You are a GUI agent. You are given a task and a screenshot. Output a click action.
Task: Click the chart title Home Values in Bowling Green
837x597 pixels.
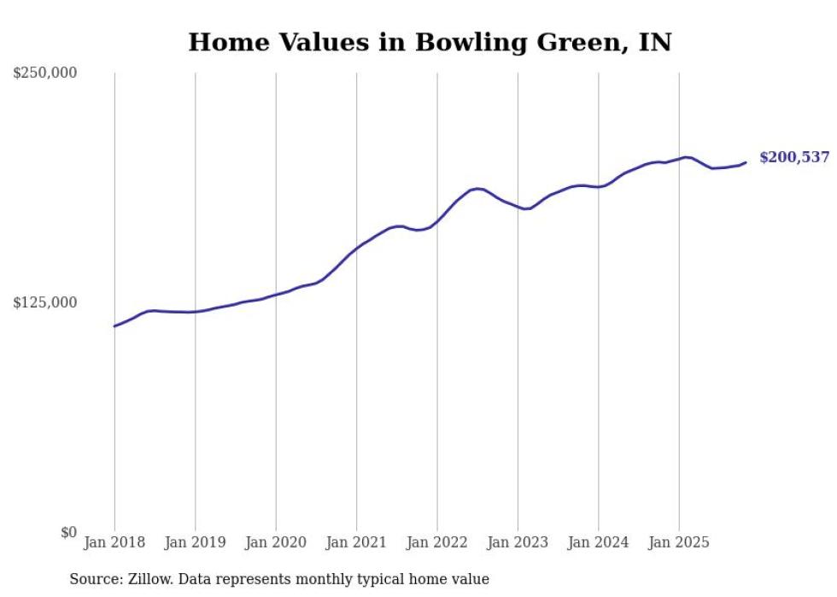[x=430, y=42]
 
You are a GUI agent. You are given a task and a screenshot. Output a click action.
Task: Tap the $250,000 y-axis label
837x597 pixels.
[x=44, y=73]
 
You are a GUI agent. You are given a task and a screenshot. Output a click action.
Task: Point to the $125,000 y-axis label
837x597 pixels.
[x=44, y=302]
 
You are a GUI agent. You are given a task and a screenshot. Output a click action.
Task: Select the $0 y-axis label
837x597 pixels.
[x=68, y=532]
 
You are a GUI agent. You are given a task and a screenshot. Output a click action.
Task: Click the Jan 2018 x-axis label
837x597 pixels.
[x=114, y=542]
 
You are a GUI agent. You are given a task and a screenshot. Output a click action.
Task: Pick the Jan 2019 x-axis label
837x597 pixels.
[x=195, y=542]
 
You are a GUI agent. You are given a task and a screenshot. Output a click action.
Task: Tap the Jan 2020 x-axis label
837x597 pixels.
[x=276, y=542]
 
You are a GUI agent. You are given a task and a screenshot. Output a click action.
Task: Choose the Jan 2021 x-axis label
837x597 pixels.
[x=356, y=542]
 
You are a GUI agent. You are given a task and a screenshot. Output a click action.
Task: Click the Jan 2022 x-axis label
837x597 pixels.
[x=437, y=542]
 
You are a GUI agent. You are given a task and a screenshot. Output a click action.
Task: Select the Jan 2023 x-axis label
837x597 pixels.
[x=518, y=542]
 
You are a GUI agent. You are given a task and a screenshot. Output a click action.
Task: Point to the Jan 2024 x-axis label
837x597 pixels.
[x=598, y=542]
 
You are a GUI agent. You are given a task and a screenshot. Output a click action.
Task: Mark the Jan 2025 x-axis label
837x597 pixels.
[x=679, y=542]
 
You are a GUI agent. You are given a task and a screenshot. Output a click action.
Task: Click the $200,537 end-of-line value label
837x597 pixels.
[x=794, y=158]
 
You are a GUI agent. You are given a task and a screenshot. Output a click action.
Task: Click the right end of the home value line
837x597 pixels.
[x=746, y=162]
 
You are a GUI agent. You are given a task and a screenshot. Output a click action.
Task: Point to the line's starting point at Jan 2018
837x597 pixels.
[x=114, y=325]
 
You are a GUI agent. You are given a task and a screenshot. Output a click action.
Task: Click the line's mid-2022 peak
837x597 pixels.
[x=478, y=189]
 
